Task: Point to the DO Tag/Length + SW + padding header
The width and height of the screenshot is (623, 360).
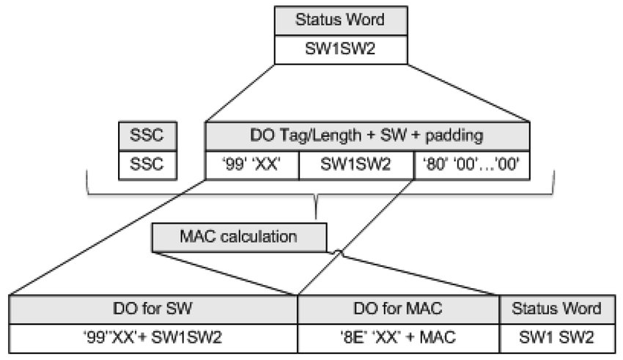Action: coord(367,136)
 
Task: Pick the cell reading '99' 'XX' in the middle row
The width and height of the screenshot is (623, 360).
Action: coord(253,165)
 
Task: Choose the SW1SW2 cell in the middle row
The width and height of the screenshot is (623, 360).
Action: coord(356,165)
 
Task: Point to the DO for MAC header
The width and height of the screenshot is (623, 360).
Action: coord(398,308)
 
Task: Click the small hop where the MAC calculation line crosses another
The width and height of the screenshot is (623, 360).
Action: coord(339,252)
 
